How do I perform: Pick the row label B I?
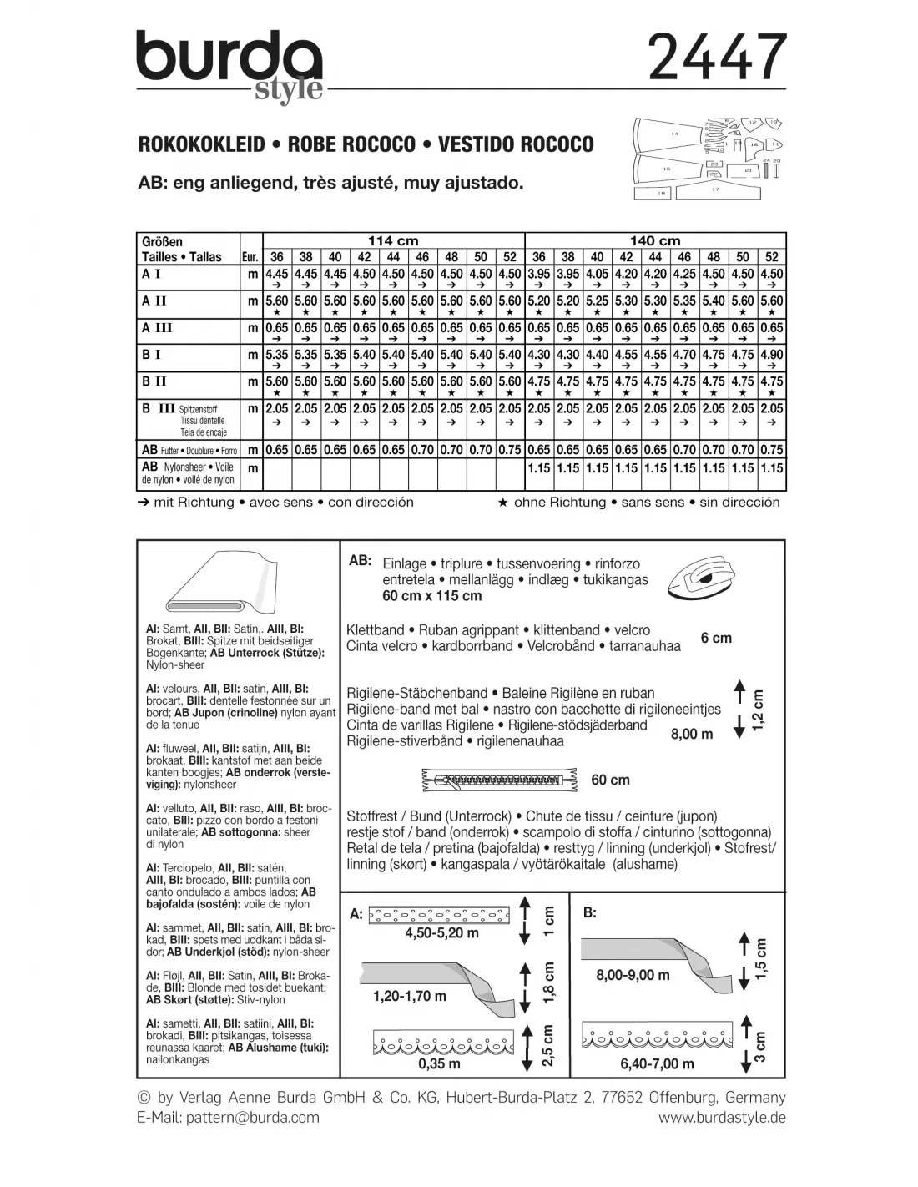tap(152, 355)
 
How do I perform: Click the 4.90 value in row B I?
tap(771, 355)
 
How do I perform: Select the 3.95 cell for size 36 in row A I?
tap(539, 274)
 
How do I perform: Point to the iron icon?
tap(706, 577)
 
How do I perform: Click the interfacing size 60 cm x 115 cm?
tap(431, 596)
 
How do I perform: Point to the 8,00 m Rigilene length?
tap(692, 735)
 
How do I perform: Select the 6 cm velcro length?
tap(716, 638)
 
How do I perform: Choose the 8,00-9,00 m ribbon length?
tap(633, 975)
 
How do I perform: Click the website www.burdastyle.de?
tap(722, 1118)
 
